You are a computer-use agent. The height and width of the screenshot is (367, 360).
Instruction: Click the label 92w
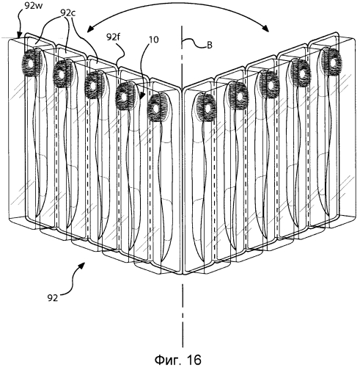[x=34, y=5]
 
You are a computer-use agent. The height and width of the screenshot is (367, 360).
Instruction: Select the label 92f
[x=114, y=37]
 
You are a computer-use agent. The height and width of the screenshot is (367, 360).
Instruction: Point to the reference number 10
[x=153, y=40]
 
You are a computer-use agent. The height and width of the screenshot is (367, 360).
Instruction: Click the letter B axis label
[x=210, y=46]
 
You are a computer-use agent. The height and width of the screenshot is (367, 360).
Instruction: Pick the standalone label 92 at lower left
[x=53, y=298]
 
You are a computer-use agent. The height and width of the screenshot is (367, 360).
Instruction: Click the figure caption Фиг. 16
[x=178, y=360]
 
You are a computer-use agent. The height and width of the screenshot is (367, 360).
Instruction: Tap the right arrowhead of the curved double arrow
[x=265, y=29]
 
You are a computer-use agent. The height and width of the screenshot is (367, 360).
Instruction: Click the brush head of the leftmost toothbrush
[x=32, y=62]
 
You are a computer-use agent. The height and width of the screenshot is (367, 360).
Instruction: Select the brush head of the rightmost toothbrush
[x=331, y=62]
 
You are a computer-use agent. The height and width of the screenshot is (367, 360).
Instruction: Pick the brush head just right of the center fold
[x=206, y=108]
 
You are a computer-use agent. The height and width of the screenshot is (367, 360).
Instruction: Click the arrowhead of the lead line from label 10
[x=143, y=96]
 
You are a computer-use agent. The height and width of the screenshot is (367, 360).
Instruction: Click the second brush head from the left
[x=62, y=73]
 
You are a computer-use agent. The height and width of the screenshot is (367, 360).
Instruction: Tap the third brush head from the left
[x=94, y=85]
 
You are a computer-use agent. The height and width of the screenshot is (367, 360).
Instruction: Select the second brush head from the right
[x=301, y=73]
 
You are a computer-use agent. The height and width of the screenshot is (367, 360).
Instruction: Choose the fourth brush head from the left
[x=125, y=97]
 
